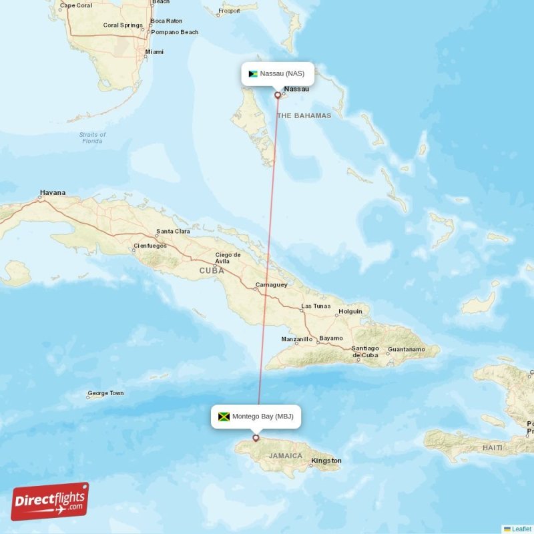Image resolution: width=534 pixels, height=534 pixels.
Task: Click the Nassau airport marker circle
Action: click(278, 95)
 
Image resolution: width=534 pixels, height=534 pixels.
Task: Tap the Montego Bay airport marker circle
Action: click(256, 438)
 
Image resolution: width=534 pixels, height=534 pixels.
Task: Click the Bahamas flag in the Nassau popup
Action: click(253, 73)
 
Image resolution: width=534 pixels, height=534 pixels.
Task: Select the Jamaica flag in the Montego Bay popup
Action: click(224, 417)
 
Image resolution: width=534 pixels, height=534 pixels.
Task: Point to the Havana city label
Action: click(53, 193)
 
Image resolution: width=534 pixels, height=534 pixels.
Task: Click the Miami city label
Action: click(154, 52)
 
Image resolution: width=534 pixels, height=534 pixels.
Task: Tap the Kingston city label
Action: click(326, 461)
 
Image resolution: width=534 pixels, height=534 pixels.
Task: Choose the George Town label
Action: click(105, 393)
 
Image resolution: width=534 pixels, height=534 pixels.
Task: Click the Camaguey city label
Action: click(271, 285)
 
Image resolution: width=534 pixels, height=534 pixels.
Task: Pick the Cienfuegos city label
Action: click(150, 246)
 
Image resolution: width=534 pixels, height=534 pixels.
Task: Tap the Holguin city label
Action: click(350, 311)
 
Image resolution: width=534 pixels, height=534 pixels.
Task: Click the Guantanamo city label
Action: click(407, 349)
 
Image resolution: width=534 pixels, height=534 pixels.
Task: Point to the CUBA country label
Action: click(212, 270)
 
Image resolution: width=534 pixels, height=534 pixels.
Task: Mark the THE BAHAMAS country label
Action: click(304, 115)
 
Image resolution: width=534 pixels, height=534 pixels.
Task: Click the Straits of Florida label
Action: click(92, 138)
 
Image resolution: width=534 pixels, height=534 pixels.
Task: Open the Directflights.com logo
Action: click(50, 501)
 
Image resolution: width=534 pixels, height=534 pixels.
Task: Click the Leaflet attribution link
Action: click(521, 529)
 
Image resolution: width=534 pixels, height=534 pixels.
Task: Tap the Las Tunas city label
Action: click(316, 306)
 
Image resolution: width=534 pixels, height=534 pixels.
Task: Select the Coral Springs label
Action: click(123, 25)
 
